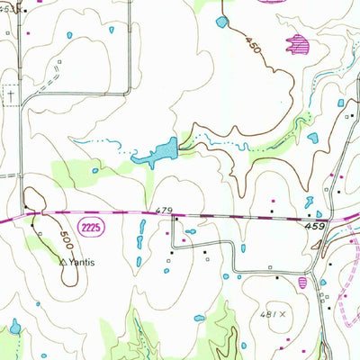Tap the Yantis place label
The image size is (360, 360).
coord(78,264)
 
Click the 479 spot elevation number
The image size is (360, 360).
coord(163,211)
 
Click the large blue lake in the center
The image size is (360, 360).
coord(157,151)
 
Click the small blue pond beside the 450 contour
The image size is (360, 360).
coord(222,20)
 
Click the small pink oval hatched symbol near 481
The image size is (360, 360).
coord(302,283)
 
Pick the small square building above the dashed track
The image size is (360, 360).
coord(59,63)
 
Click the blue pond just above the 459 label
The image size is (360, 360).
coord(309,201)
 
